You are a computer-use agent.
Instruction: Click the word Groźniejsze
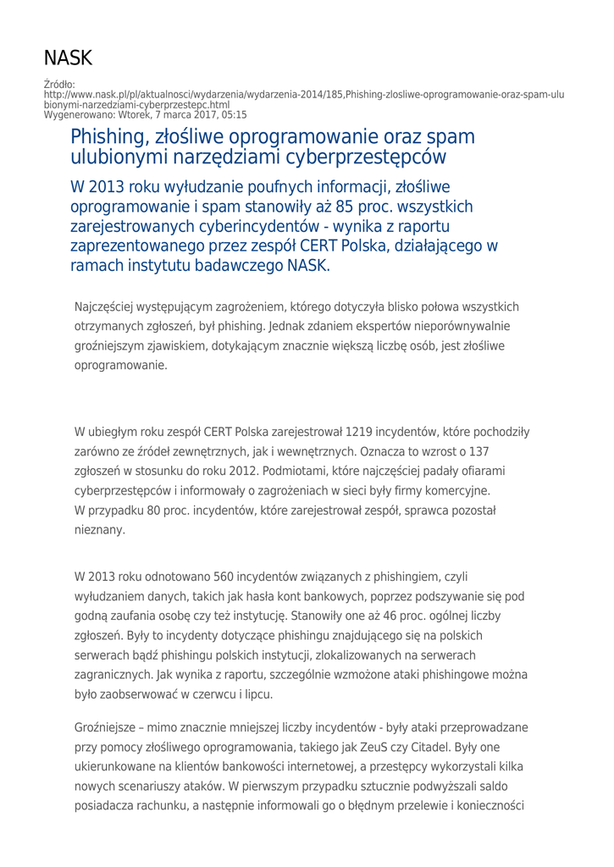point(108,729)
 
